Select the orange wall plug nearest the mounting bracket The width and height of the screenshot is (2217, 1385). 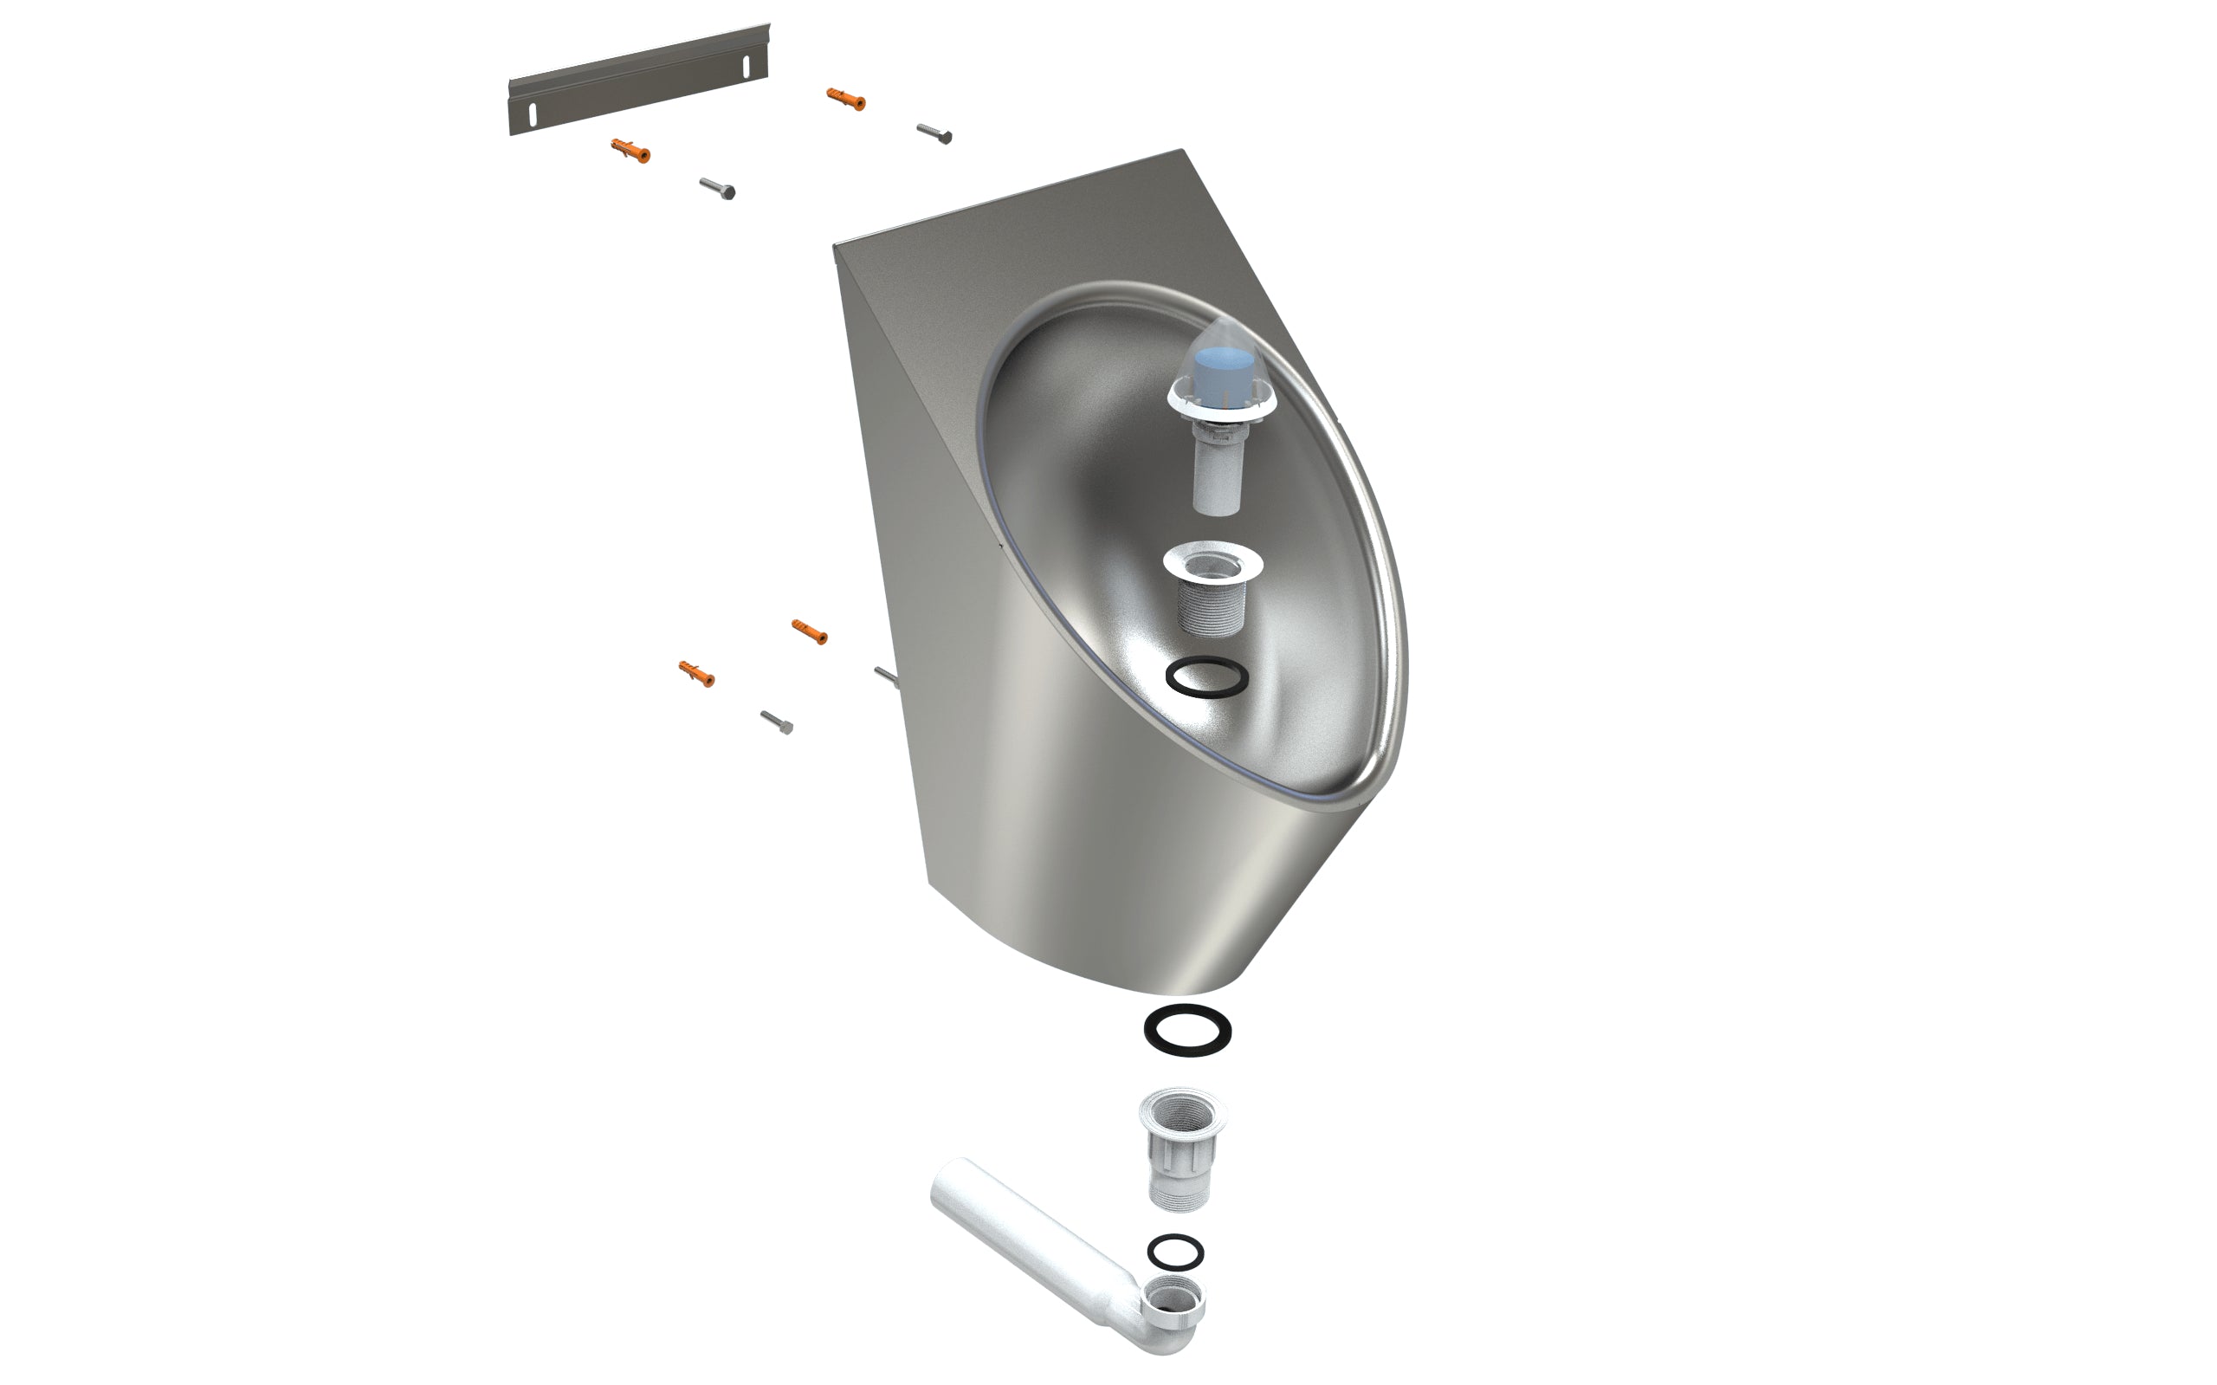(630, 150)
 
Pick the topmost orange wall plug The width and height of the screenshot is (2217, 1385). (845, 99)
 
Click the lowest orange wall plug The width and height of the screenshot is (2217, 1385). (696, 673)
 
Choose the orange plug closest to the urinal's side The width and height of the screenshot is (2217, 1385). (809, 631)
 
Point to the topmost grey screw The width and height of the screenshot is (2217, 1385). (934, 133)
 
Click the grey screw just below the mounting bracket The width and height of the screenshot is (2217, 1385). (717, 188)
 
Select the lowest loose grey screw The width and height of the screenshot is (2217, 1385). (777, 722)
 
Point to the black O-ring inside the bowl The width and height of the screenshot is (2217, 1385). (1207, 678)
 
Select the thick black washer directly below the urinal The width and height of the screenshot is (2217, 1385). (1186, 1030)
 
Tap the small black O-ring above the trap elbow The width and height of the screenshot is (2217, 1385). (1175, 1252)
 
